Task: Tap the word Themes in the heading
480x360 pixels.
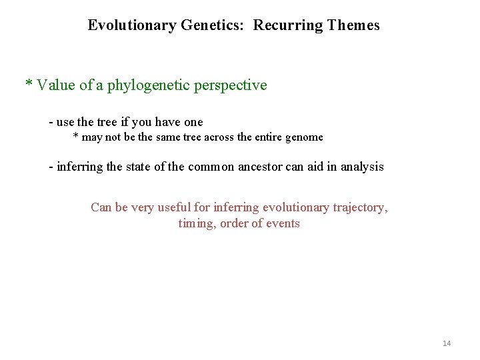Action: (x=353, y=26)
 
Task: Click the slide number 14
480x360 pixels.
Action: (x=446, y=343)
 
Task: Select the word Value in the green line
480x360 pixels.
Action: (x=56, y=85)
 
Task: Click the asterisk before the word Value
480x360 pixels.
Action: (x=29, y=85)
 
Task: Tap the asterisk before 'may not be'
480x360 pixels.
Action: (x=75, y=137)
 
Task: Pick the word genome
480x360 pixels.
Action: (x=304, y=137)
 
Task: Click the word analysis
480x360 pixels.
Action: (x=361, y=167)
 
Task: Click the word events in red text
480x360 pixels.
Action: (x=283, y=223)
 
